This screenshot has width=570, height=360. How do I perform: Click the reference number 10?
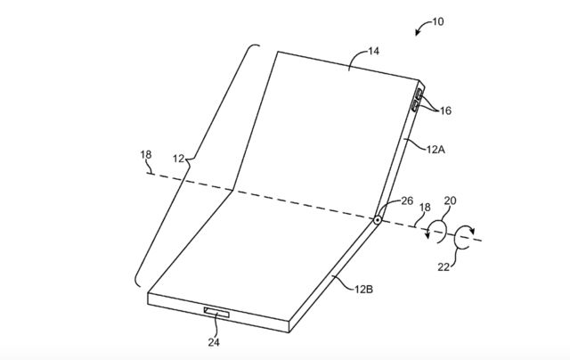pos(437,21)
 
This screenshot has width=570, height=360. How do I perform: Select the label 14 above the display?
pos(374,52)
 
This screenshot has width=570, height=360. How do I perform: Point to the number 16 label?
pos(445,110)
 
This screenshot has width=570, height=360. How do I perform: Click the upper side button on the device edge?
pos(419,94)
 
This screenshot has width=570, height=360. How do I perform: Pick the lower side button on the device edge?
pos(415,106)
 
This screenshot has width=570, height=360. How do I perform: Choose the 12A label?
pos(436,150)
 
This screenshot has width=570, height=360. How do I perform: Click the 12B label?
pos(364,290)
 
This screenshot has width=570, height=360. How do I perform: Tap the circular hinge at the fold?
pos(378,219)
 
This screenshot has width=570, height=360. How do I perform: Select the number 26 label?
pos(407,201)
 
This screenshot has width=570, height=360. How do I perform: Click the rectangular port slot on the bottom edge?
pos(216,312)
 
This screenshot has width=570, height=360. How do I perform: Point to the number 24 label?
pos(214,342)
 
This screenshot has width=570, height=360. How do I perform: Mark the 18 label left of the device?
pos(146,155)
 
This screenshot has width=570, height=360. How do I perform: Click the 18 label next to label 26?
pos(425,208)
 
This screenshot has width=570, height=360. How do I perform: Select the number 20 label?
pos(450,200)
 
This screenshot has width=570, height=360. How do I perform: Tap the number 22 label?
pos(444,267)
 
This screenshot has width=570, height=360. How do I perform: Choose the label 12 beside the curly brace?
pos(178,159)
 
